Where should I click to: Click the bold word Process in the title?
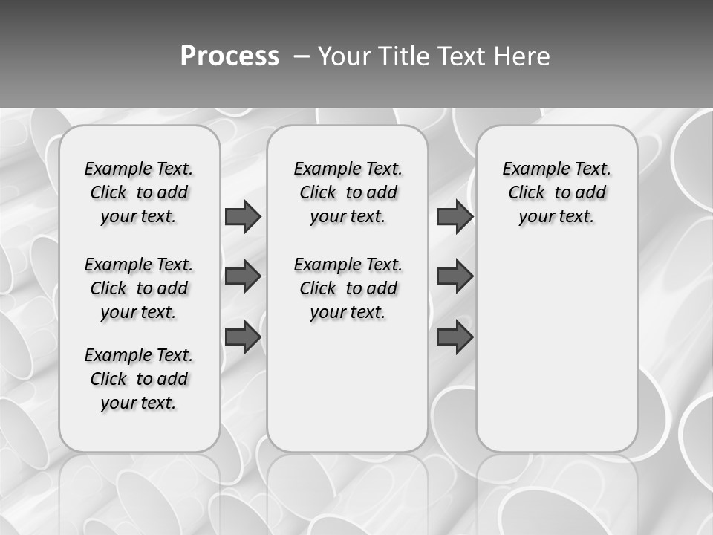point(229,56)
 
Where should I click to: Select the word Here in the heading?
point(524,56)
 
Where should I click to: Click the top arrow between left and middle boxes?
point(243,217)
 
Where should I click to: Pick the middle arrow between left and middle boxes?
point(243,276)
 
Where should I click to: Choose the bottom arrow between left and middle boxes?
point(243,337)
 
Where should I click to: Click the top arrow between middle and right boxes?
point(455,217)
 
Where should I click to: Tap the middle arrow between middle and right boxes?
point(455,276)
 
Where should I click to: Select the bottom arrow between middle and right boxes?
point(455,337)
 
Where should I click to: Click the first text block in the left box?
point(139,192)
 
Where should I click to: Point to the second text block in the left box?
point(139,288)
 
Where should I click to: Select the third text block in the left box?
point(139,379)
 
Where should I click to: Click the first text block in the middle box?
point(348,192)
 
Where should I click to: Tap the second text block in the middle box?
point(348,288)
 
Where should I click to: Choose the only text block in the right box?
point(556,192)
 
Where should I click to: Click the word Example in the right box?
point(530,169)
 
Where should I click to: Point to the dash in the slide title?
point(301,56)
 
